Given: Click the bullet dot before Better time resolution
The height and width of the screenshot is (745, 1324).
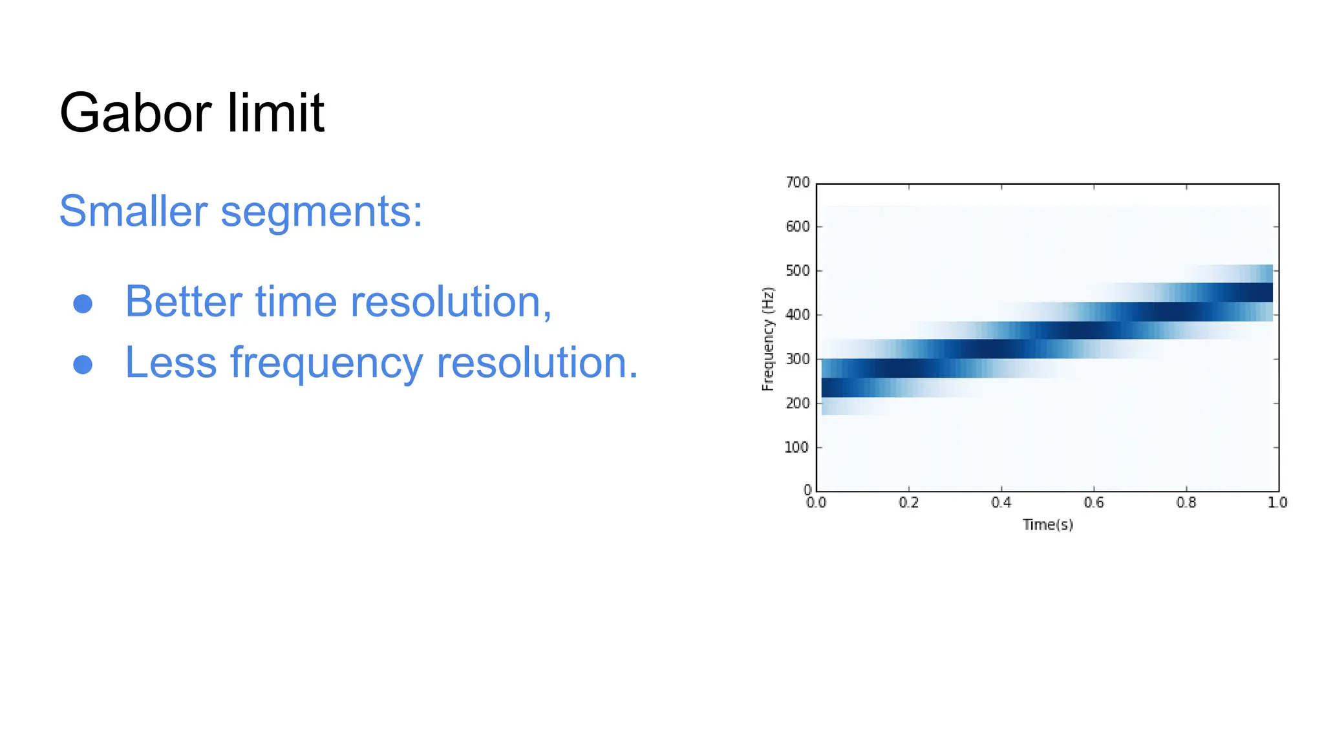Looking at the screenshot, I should pos(83,304).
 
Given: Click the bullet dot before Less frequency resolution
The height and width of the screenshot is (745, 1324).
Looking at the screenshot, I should pos(83,365).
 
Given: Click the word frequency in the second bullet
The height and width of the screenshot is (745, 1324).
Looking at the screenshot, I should pos(326,364).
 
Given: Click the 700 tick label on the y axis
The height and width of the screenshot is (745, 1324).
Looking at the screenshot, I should pos(797,182).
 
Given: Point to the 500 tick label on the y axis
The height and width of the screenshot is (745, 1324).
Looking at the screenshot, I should pos(797,271).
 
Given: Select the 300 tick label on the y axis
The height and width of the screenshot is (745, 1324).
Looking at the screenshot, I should pos(797,359).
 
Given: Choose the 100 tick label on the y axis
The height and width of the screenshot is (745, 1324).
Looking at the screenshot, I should pos(796,448).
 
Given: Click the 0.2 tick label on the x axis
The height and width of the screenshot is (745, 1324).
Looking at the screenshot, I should pos(908,502).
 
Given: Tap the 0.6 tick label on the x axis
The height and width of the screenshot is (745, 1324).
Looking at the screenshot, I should pos(1093,502).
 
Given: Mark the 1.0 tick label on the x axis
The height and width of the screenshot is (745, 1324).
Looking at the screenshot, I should pos(1277,502).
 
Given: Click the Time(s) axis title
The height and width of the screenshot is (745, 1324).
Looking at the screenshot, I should pos(1047,524).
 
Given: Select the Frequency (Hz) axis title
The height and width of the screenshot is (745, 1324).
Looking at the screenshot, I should pos(767,339).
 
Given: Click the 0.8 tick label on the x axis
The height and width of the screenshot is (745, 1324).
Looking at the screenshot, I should pos(1186,502).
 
